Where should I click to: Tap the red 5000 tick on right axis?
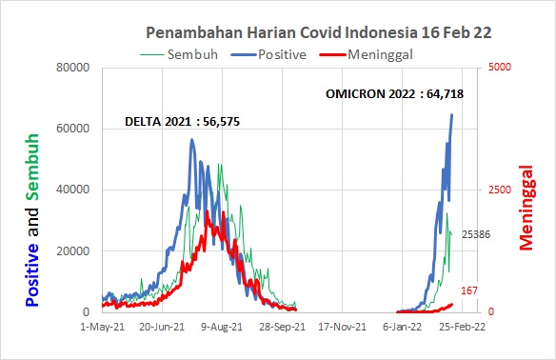[x=501, y=68]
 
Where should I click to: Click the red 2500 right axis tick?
[x=501, y=190]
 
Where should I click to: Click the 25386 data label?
[x=476, y=234]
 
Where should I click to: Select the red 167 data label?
[x=467, y=290]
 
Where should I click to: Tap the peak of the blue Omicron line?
[x=451, y=115]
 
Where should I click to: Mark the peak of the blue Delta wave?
[x=192, y=140]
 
